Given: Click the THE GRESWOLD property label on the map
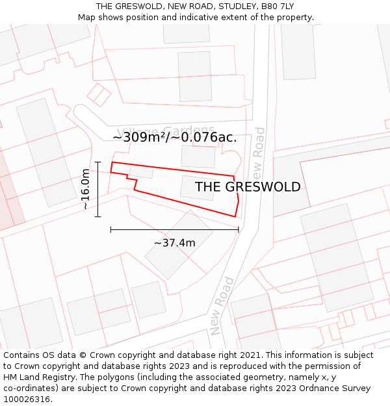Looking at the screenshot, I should (x=248, y=187).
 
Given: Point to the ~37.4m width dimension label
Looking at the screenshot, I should (x=174, y=243).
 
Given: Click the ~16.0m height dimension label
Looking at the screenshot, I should (x=85, y=188).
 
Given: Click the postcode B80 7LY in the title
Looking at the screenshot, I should (x=277, y=6).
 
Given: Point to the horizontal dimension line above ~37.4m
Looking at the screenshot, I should (x=174, y=229).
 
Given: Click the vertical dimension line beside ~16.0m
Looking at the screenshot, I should (x=97, y=189).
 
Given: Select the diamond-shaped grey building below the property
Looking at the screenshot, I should (x=178, y=244).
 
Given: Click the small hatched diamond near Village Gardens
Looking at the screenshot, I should (x=99, y=94).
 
